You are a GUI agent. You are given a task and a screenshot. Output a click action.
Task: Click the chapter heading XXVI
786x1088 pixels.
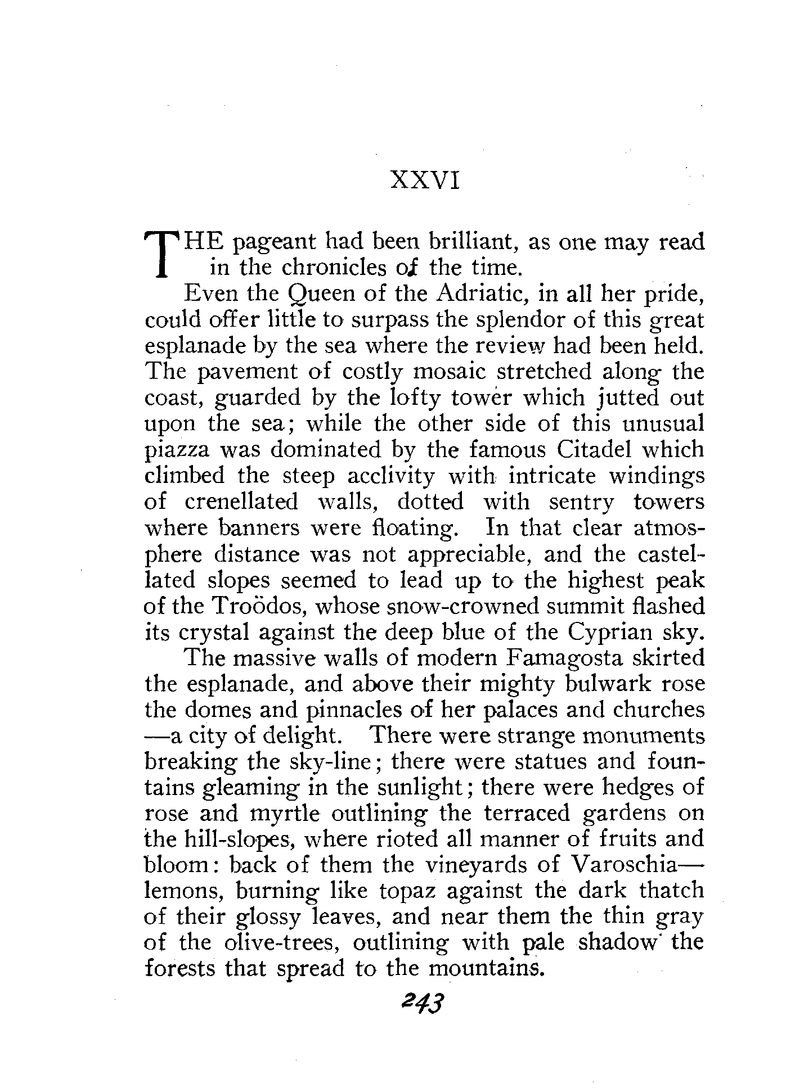pyautogui.click(x=425, y=181)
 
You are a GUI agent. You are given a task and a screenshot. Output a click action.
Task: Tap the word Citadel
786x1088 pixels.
pyautogui.click(x=605, y=450)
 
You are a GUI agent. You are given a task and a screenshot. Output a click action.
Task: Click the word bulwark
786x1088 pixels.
pyautogui.click(x=599, y=684)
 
